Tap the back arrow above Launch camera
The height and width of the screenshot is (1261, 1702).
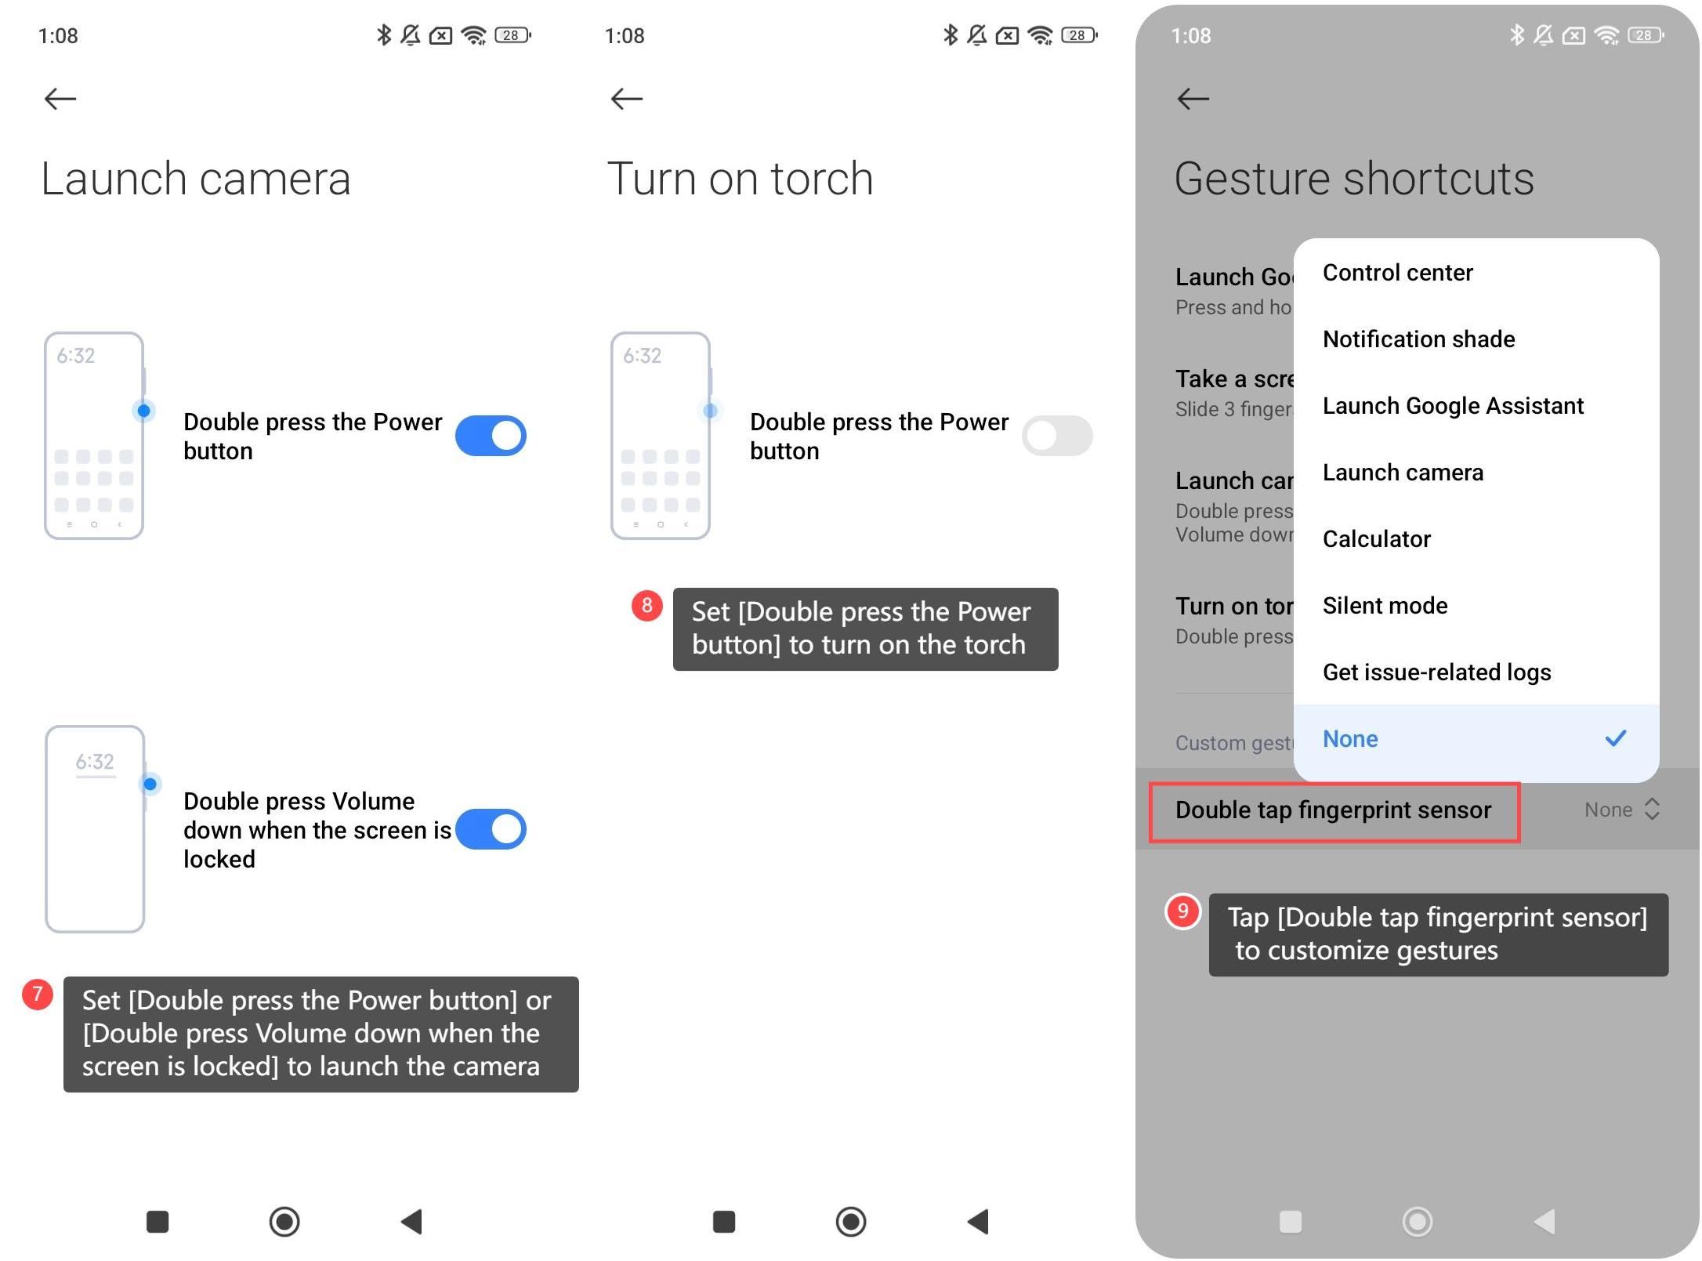pos(60,99)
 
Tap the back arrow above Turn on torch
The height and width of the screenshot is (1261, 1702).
pos(627,99)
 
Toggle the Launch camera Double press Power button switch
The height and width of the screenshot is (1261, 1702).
pos(491,436)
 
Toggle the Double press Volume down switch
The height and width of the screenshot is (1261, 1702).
pos(491,829)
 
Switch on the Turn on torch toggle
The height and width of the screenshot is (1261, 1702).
pos(1057,436)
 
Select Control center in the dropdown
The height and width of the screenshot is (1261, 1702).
pos(1398,273)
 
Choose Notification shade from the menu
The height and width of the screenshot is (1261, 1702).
pos(1419,339)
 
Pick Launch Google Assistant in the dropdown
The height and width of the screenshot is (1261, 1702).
pos(1454,406)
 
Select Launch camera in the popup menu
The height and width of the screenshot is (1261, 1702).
pos(1403,473)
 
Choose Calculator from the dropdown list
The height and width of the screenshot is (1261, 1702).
pos(1377,539)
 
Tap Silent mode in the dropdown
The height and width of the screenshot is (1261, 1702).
pos(1385,606)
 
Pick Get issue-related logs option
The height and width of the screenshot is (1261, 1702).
pos(1437,672)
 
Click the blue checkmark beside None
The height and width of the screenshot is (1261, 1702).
pos(1616,738)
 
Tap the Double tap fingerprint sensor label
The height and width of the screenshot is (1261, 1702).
pos(1334,810)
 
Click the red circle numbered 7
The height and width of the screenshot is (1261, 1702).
pos(38,995)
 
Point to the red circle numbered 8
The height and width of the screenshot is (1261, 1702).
pos(647,606)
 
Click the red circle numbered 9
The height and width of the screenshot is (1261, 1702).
pos(1183,911)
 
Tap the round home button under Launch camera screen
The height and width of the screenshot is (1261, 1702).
pos(284,1221)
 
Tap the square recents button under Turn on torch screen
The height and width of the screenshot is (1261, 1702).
pos(724,1222)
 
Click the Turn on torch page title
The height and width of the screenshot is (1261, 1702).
pos(741,179)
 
